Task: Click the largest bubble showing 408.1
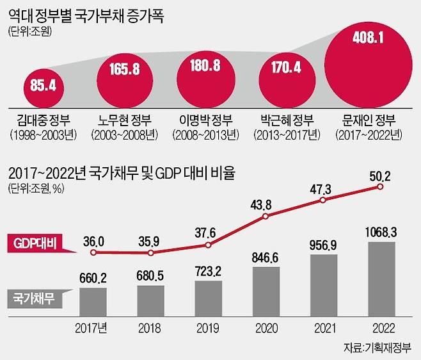click(x=367, y=65)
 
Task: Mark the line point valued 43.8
click(x=266, y=218)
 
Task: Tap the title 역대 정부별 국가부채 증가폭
click(x=86, y=15)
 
